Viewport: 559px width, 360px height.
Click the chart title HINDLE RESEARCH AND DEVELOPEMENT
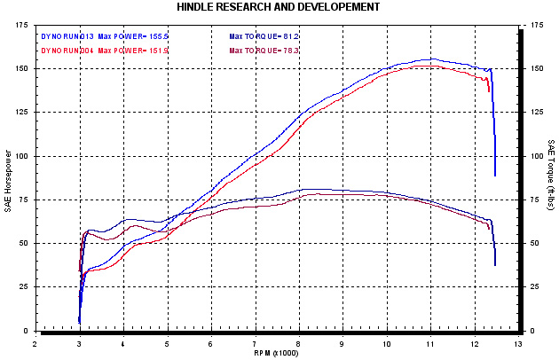[x=279, y=7]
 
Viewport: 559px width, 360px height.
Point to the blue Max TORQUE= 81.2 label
[x=264, y=36]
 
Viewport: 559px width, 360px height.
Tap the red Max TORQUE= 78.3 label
[x=264, y=51]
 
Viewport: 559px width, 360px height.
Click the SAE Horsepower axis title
[x=9, y=177]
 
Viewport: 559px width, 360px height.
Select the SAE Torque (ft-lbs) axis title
[x=551, y=177]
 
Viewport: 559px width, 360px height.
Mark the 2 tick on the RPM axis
[x=35, y=340]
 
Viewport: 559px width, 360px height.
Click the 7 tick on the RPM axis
[x=255, y=340]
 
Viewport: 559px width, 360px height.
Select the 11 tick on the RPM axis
[x=430, y=340]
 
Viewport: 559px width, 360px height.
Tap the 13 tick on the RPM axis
[x=517, y=340]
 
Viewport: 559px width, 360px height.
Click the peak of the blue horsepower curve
[x=431, y=59]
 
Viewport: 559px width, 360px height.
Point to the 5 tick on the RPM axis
[x=167, y=340]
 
